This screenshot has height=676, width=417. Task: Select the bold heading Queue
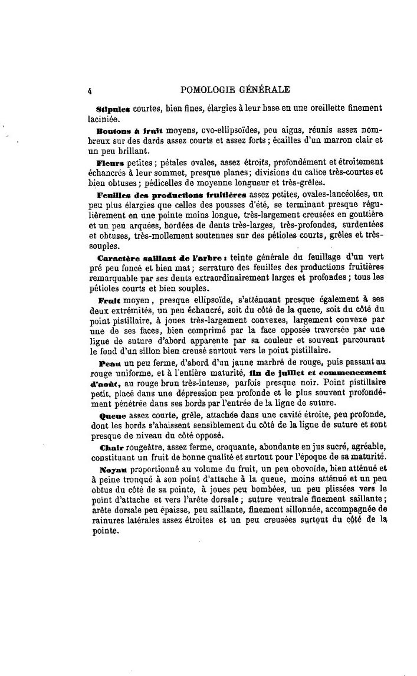(110, 416)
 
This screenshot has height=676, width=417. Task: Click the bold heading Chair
(109, 447)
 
